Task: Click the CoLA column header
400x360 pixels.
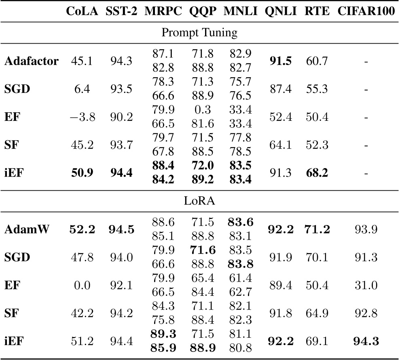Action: tap(82, 11)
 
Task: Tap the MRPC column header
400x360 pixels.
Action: tap(163, 11)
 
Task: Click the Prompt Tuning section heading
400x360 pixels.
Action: tap(199, 33)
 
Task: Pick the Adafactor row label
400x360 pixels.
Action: tap(32, 61)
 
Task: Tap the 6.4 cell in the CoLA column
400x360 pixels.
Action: tap(82, 90)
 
